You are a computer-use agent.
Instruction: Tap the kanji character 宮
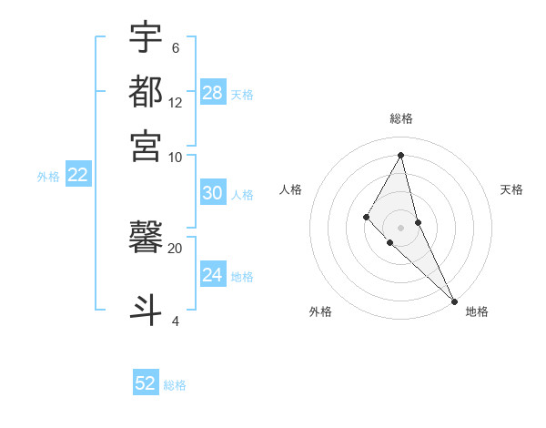tap(146, 145)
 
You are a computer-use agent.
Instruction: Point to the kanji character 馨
tap(146, 239)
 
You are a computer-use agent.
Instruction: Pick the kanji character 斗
tap(146, 308)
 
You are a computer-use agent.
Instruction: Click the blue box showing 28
tap(212, 93)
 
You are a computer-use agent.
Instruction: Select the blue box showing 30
tap(212, 193)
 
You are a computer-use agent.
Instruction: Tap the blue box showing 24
tap(212, 275)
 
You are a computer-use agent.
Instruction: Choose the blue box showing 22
tap(77, 176)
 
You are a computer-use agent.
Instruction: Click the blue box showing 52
tap(146, 383)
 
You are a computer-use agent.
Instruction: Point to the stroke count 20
tap(175, 248)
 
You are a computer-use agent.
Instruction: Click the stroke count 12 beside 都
tap(175, 102)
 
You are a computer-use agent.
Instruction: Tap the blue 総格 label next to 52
tap(175, 385)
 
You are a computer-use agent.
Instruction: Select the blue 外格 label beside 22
tap(47, 177)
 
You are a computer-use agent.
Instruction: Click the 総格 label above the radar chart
tap(400, 118)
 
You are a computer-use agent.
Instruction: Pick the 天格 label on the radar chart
tap(511, 189)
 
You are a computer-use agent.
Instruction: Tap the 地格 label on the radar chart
tap(477, 312)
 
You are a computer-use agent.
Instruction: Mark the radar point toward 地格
tap(453, 300)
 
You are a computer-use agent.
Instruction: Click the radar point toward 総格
tap(400, 154)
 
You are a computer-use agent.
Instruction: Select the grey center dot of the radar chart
tap(400, 227)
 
